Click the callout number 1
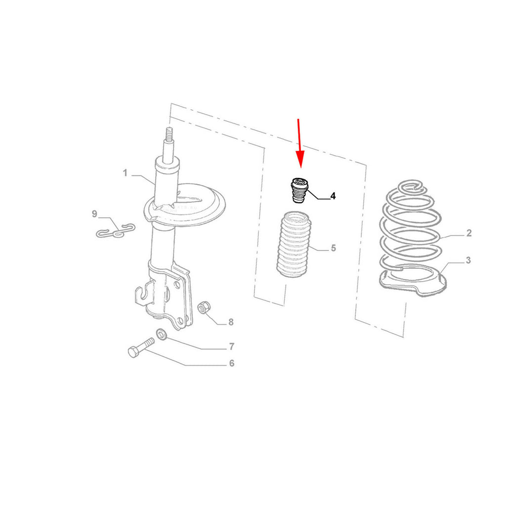(x=125, y=173)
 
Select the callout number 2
(x=469, y=233)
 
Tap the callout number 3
(x=468, y=260)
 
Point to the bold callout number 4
(x=333, y=196)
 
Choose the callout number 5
(x=334, y=248)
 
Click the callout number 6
(x=232, y=363)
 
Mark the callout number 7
(x=231, y=346)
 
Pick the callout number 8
(x=231, y=322)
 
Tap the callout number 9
(x=94, y=214)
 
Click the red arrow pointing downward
(x=299, y=143)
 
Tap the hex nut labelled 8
(x=204, y=307)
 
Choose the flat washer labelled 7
(x=162, y=335)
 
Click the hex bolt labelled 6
(x=141, y=347)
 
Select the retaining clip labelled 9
(x=116, y=231)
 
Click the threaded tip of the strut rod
(x=169, y=133)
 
